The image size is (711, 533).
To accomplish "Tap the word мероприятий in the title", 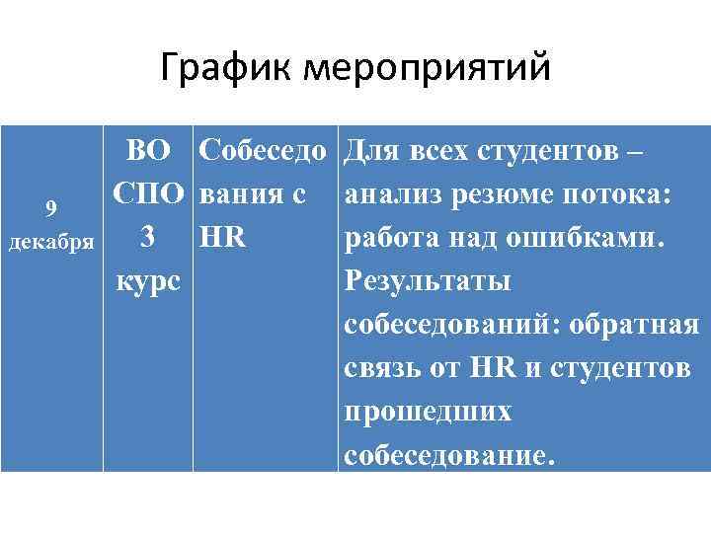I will pyautogui.click(x=428, y=69).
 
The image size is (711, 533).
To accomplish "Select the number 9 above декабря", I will pyautogui.click(x=55, y=209).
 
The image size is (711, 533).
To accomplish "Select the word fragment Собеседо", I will pyautogui.click(x=262, y=152).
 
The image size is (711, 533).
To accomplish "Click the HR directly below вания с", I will pyautogui.click(x=222, y=238).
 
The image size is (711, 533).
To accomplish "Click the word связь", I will pyautogui.click(x=379, y=369).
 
